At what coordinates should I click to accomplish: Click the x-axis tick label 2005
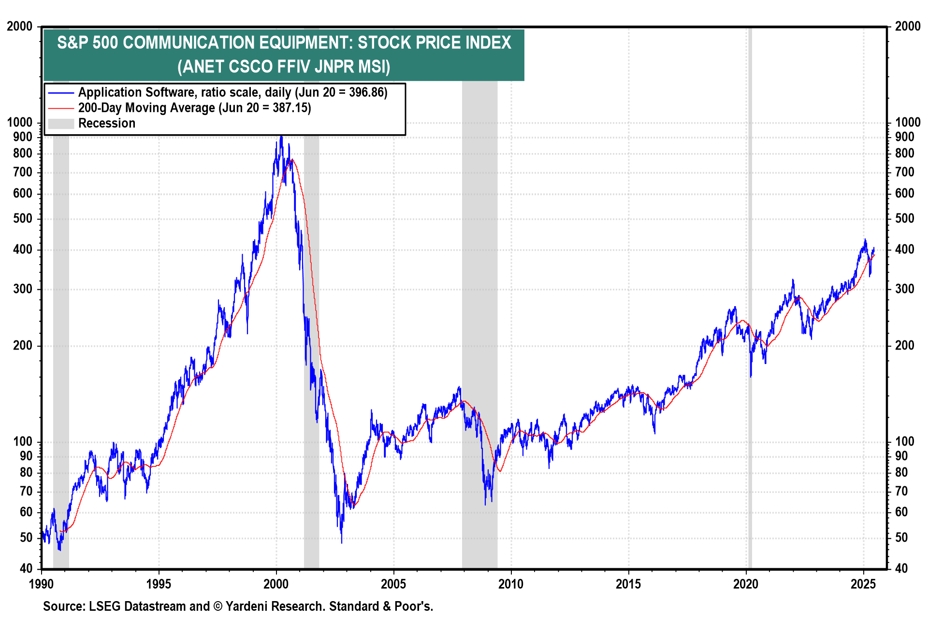click(x=393, y=584)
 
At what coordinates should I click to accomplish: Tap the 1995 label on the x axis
click(x=159, y=584)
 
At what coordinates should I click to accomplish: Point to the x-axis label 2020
click(x=746, y=584)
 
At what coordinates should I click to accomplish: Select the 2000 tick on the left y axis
click(x=19, y=27)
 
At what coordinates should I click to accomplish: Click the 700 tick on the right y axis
click(x=904, y=172)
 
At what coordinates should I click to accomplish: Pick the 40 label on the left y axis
click(x=26, y=568)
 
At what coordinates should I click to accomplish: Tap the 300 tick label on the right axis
click(x=904, y=289)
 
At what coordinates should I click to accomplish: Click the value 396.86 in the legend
click(x=366, y=92)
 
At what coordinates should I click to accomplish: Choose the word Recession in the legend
click(x=107, y=123)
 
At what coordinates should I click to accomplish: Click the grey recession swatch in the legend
click(x=61, y=124)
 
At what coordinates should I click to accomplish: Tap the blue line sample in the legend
click(x=61, y=93)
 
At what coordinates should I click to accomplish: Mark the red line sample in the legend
click(x=61, y=108)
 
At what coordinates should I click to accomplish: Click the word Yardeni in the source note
click(x=245, y=606)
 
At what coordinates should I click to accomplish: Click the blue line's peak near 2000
click(x=281, y=137)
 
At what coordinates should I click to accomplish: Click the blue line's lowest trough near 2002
click(x=342, y=542)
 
